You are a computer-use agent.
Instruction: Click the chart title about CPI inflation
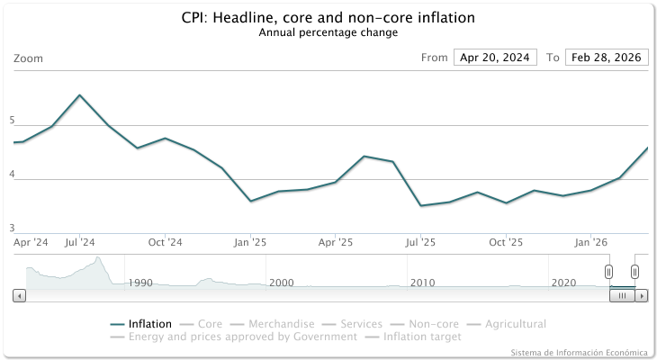328,18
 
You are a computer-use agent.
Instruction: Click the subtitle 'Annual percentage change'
328,32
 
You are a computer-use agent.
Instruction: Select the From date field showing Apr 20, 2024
495,58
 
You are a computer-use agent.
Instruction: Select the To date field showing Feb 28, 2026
607,58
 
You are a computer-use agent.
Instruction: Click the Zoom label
28,58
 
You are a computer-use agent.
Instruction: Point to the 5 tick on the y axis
13,120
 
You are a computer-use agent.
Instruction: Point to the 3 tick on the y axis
13,228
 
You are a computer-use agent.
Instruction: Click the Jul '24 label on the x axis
80,242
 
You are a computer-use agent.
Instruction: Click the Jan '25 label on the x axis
250,242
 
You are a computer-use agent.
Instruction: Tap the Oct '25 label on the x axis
506,242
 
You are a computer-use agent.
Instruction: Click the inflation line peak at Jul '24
80,95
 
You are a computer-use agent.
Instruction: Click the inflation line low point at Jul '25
420,206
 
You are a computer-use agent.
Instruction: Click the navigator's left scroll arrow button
19,295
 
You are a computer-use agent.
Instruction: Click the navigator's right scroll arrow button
642,295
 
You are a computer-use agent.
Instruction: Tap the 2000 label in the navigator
281,283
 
